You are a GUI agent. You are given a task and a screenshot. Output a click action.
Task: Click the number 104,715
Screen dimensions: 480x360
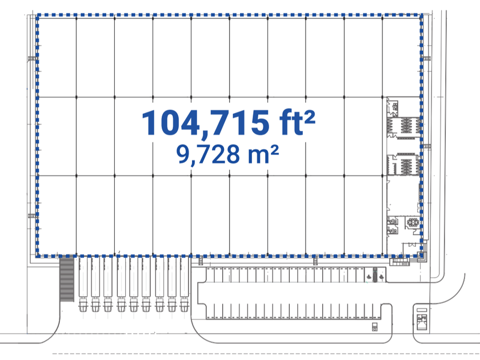pyautogui.click(x=205, y=123)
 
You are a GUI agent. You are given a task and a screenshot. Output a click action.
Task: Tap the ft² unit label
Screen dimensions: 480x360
pyautogui.click(x=297, y=122)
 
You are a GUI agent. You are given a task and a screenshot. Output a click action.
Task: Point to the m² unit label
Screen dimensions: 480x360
pyautogui.click(x=263, y=154)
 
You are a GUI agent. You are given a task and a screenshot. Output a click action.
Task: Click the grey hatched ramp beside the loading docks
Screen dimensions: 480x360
pyautogui.click(x=67, y=279)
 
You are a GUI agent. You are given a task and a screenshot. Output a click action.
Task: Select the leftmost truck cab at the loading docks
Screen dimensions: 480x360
pyautogui.click(x=83, y=305)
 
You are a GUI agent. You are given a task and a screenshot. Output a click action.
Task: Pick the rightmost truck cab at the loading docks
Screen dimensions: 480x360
pyautogui.click(x=184, y=305)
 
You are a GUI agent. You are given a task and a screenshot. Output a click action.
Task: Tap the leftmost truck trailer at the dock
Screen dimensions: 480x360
pyautogui.click(x=83, y=277)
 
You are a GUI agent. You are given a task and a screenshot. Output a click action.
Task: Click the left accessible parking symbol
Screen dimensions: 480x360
pyautogui.click(x=369, y=277)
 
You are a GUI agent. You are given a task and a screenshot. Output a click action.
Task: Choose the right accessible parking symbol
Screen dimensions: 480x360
pyautogui.click(x=381, y=277)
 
